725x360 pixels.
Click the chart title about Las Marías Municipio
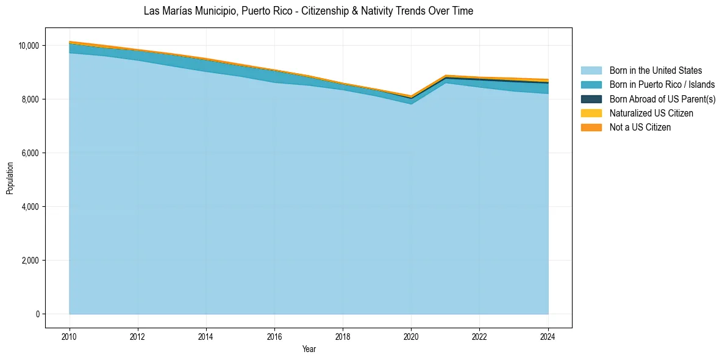pyautogui.click(x=308, y=11)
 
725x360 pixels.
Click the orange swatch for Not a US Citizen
pyautogui.click(x=591, y=127)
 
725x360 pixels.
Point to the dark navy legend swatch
pyautogui.click(x=591, y=99)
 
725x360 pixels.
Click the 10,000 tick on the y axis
pyautogui.click(x=28, y=46)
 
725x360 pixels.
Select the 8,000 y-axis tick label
pyautogui.click(x=30, y=99)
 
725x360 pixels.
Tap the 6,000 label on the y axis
pyautogui.click(x=30, y=153)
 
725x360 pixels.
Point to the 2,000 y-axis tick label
pyautogui.click(x=30, y=261)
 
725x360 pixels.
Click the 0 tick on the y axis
pyautogui.click(x=37, y=314)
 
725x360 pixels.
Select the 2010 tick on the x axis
pyautogui.click(x=70, y=336)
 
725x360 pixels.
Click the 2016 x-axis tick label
pyautogui.click(x=274, y=336)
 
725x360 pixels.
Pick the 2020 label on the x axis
pyautogui.click(x=411, y=336)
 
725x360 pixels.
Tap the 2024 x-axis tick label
pyautogui.click(x=548, y=336)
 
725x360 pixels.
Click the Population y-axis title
pyautogui.click(x=10, y=178)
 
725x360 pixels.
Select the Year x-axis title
pyautogui.click(x=309, y=349)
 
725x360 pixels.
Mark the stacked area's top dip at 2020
pyautogui.click(x=411, y=96)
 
